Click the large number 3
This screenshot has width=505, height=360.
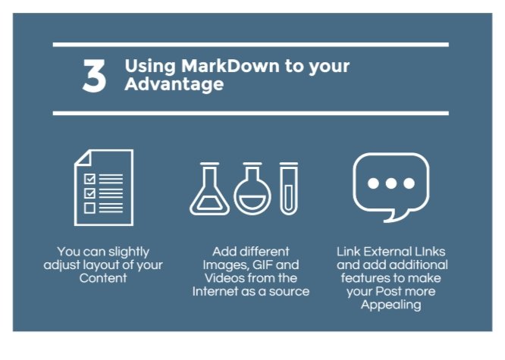point(94,76)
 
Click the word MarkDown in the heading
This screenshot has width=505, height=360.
point(230,66)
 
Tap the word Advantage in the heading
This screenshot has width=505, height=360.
point(174,84)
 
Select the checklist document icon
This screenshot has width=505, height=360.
point(104,187)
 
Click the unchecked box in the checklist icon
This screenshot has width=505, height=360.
point(89,208)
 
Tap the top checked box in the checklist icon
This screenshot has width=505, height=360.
point(89,179)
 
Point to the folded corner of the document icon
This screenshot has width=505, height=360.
point(82,158)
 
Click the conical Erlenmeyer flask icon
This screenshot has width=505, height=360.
point(209,189)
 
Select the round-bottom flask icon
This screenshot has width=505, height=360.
point(252,189)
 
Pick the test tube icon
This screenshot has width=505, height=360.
point(289,189)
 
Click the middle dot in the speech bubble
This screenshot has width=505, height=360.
point(391,183)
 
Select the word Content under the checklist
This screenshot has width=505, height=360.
point(103,278)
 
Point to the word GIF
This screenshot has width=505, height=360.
point(263,265)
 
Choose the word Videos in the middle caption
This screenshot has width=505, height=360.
point(224,278)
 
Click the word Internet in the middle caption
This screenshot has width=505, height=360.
point(215,292)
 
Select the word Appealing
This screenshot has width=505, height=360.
point(391,305)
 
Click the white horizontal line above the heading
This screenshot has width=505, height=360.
point(250,45)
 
